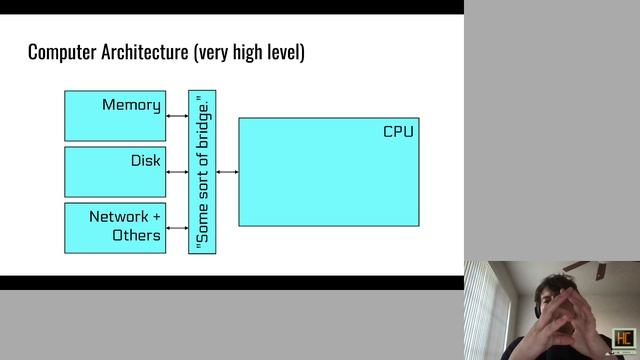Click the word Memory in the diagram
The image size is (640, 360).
click(131, 105)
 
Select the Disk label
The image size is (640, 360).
click(145, 161)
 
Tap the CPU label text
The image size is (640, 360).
click(398, 132)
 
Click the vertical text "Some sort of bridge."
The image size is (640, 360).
click(203, 172)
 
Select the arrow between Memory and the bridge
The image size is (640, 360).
click(177, 116)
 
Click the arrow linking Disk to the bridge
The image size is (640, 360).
click(177, 172)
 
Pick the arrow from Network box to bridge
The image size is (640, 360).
click(177, 228)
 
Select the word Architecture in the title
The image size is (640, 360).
click(150, 51)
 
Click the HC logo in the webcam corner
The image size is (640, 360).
click(625, 340)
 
